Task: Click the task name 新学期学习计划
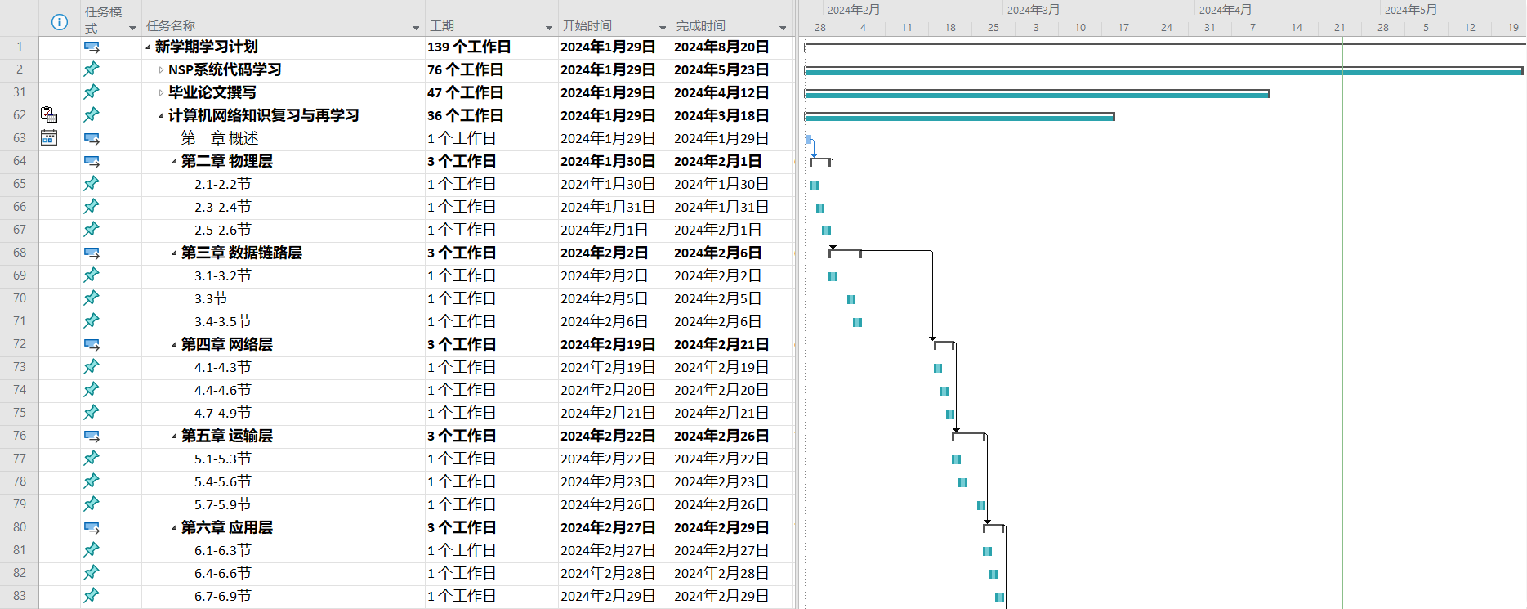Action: [x=206, y=47]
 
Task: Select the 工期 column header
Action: [x=442, y=26]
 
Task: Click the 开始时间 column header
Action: [x=587, y=26]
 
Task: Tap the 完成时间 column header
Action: [x=700, y=26]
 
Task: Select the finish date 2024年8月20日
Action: [x=721, y=47]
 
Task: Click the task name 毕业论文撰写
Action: [x=212, y=93]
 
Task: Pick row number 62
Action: [x=20, y=116]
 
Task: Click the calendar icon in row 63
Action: [x=49, y=138]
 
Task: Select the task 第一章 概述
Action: [x=219, y=139]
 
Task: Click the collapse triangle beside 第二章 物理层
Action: [x=174, y=162]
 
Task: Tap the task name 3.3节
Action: [x=211, y=299]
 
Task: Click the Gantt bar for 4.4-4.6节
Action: [x=944, y=392]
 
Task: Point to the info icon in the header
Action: [x=60, y=22]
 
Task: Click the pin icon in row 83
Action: [x=92, y=596]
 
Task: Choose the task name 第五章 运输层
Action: [x=226, y=437]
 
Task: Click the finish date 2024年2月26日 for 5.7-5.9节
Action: [x=721, y=505]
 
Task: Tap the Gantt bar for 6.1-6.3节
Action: [x=987, y=552]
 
